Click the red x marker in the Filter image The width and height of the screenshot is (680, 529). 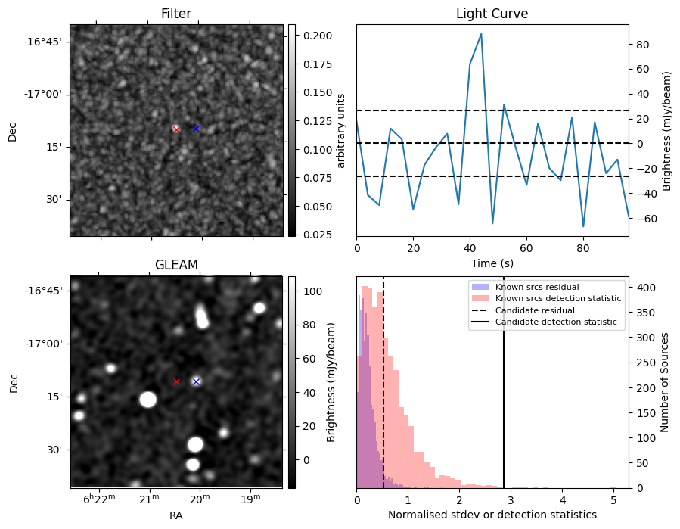coord(176,129)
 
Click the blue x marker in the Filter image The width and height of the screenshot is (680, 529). coord(196,129)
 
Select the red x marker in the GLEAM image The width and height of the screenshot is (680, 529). coord(176,381)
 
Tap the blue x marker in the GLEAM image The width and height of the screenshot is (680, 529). coord(196,381)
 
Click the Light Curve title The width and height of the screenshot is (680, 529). coord(492,14)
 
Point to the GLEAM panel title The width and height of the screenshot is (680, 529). coord(175,265)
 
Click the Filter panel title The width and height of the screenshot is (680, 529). coord(175,14)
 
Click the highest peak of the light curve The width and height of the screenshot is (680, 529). coord(481,34)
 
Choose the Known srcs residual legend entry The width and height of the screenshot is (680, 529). coord(536,287)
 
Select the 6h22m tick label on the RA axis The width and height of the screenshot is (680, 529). coord(99,499)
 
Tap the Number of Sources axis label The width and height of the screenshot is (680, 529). coord(666,382)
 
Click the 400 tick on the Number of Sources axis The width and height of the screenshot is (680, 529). coord(643,288)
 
